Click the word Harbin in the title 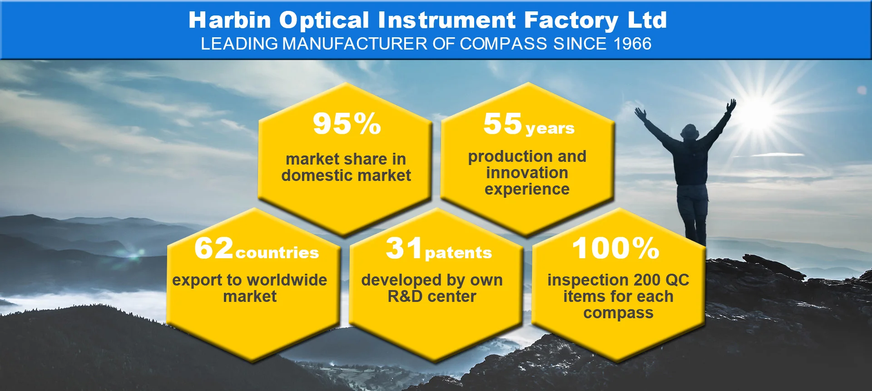coord(230,20)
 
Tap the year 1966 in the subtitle coord(632,44)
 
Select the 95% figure coord(347,124)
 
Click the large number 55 coord(503,124)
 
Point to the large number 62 coord(214,248)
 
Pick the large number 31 coord(404,248)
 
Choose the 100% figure coord(616,248)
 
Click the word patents coord(458,252)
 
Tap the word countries coord(277,252)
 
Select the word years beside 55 coord(550,129)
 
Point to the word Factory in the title coord(571,21)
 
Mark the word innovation coord(527,173)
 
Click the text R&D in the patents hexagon coord(405,296)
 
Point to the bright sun coord(757,111)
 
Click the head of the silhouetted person coord(690,131)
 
